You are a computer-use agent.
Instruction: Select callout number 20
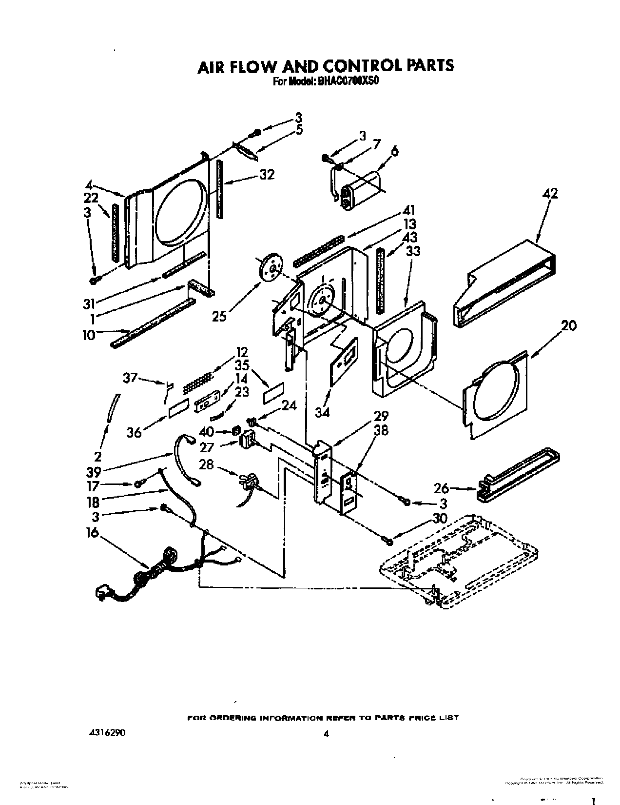pos(569,325)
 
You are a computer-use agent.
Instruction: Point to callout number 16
pos(92,533)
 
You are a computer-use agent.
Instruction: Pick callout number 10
pos(89,336)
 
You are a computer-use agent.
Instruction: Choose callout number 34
pos(322,412)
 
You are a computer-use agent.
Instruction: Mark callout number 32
pos(267,175)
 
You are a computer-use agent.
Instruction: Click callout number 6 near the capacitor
pos(394,151)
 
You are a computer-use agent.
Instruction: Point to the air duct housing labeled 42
pos(507,283)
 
